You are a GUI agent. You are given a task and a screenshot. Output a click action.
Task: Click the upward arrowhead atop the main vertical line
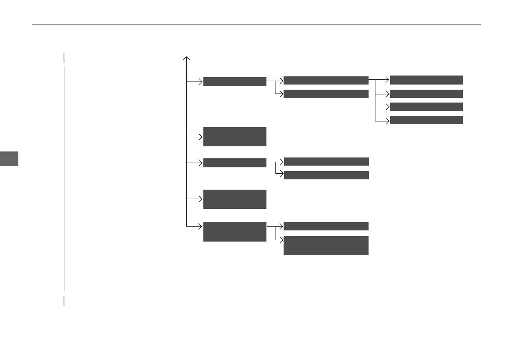click(x=187, y=57)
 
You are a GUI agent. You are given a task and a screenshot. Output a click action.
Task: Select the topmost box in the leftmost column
click(x=235, y=82)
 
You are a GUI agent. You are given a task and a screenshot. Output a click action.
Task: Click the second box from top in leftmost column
click(x=235, y=136)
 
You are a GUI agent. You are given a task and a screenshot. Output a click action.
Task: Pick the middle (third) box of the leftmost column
click(x=235, y=163)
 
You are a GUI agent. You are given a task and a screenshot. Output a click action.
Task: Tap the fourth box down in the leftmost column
click(x=235, y=199)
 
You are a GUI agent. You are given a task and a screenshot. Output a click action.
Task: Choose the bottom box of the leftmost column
click(x=235, y=231)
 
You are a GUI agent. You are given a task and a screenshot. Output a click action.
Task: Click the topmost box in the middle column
click(x=326, y=80)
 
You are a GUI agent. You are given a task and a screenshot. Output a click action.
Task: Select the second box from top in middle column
click(x=326, y=94)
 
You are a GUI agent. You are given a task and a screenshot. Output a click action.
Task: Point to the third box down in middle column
click(x=326, y=161)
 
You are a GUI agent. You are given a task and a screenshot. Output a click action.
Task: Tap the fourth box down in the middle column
click(x=326, y=175)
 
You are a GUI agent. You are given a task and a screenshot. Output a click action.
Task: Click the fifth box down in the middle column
click(x=326, y=226)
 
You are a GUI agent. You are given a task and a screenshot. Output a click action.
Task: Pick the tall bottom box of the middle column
click(x=326, y=245)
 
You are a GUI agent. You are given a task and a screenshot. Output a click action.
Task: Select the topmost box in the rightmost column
click(x=426, y=80)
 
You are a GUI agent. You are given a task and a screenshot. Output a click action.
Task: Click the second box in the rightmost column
click(x=426, y=94)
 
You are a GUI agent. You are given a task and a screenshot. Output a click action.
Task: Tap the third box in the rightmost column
click(x=426, y=106)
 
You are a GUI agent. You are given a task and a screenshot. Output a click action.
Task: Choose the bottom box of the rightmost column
click(x=426, y=120)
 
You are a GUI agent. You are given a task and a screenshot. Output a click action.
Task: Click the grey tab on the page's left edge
click(x=9, y=158)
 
